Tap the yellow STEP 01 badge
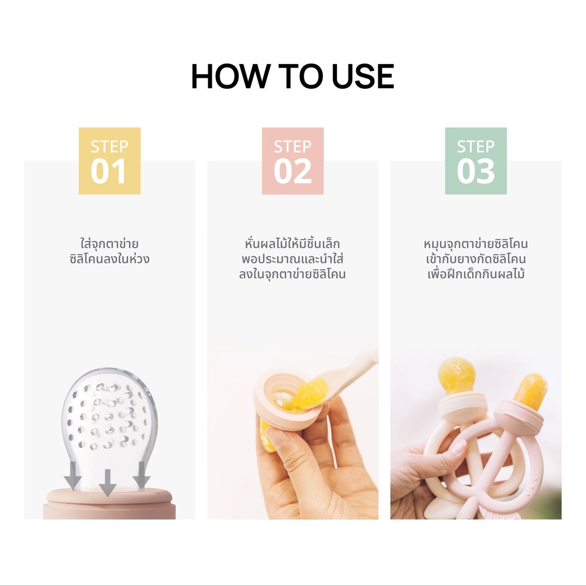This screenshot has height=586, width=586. (x=109, y=161)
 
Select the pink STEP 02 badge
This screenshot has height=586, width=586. (x=292, y=161)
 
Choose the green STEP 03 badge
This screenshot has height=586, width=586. (x=476, y=161)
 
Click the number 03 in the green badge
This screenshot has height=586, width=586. (x=476, y=171)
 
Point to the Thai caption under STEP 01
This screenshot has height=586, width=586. (x=109, y=252)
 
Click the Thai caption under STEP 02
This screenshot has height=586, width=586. (x=292, y=259)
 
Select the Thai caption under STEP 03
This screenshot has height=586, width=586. (x=476, y=259)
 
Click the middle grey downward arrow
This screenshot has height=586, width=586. (x=108, y=483)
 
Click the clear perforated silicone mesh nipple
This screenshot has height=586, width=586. (x=109, y=426)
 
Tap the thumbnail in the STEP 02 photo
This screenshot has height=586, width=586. (x=277, y=438)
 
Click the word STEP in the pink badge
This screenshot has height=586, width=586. (x=292, y=146)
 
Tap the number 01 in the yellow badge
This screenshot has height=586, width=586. (x=108, y=171)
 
